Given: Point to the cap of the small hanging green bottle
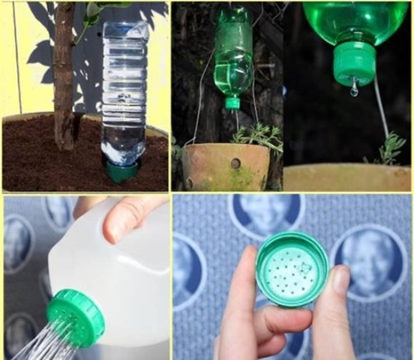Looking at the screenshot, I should [233, 102].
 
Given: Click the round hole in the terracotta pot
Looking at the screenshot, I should [235, 163].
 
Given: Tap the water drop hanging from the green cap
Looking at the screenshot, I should [354, 90].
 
